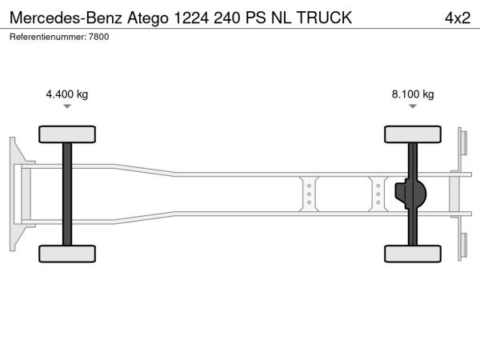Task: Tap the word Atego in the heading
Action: [148, 18]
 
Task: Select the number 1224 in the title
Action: [192, 18]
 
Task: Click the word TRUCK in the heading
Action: [324, 18]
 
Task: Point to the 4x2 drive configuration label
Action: [458, 18]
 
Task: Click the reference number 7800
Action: [99, 37]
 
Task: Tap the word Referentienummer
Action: [48, 37]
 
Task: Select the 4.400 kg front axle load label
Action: [67, 94]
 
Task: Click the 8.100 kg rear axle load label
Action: [413, 94]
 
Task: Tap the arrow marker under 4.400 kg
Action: [67, 106]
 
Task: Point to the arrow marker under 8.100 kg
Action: [413, 106]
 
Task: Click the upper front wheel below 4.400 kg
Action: [67, 134]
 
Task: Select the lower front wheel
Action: [67, 254]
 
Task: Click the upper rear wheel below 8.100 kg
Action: [413, 134]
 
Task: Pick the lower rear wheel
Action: [413, 254]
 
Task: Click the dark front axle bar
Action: [67, 194]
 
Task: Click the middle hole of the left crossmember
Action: [309, 194]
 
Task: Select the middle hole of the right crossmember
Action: [378, 194]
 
